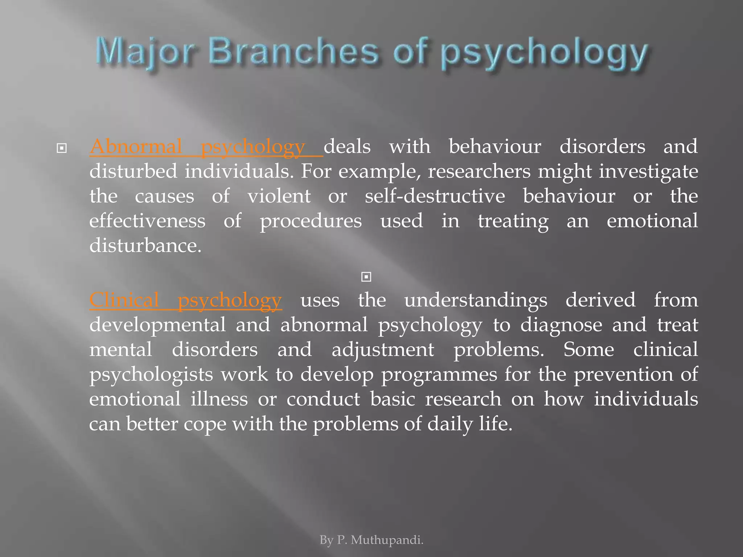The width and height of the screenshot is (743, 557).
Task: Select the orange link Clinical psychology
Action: pos(185,300)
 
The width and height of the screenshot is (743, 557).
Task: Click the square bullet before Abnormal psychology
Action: pos(62,148)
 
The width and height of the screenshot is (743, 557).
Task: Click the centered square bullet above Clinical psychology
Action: pos(366,277)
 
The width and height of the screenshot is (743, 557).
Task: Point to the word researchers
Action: pos(479,171)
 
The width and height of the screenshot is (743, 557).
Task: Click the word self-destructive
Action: pos(435,196)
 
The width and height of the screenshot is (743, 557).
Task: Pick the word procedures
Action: pos(311,221)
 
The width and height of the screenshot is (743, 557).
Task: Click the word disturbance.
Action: pos(145,246)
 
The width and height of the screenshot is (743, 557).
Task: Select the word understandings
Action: pos(476,300)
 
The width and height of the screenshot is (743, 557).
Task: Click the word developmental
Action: pos(157,325)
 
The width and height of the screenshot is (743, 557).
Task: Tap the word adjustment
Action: pos(382,350)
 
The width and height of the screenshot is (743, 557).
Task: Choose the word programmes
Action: pos(439,374)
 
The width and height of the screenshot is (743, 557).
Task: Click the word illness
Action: pos(219,399)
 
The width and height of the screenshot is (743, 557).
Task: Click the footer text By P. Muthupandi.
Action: pos(371,540)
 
